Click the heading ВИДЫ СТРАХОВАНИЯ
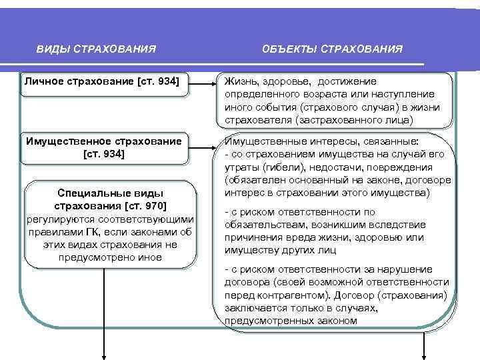97,49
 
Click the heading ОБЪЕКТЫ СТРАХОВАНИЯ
332,49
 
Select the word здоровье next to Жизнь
280,81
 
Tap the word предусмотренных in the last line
265,321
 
